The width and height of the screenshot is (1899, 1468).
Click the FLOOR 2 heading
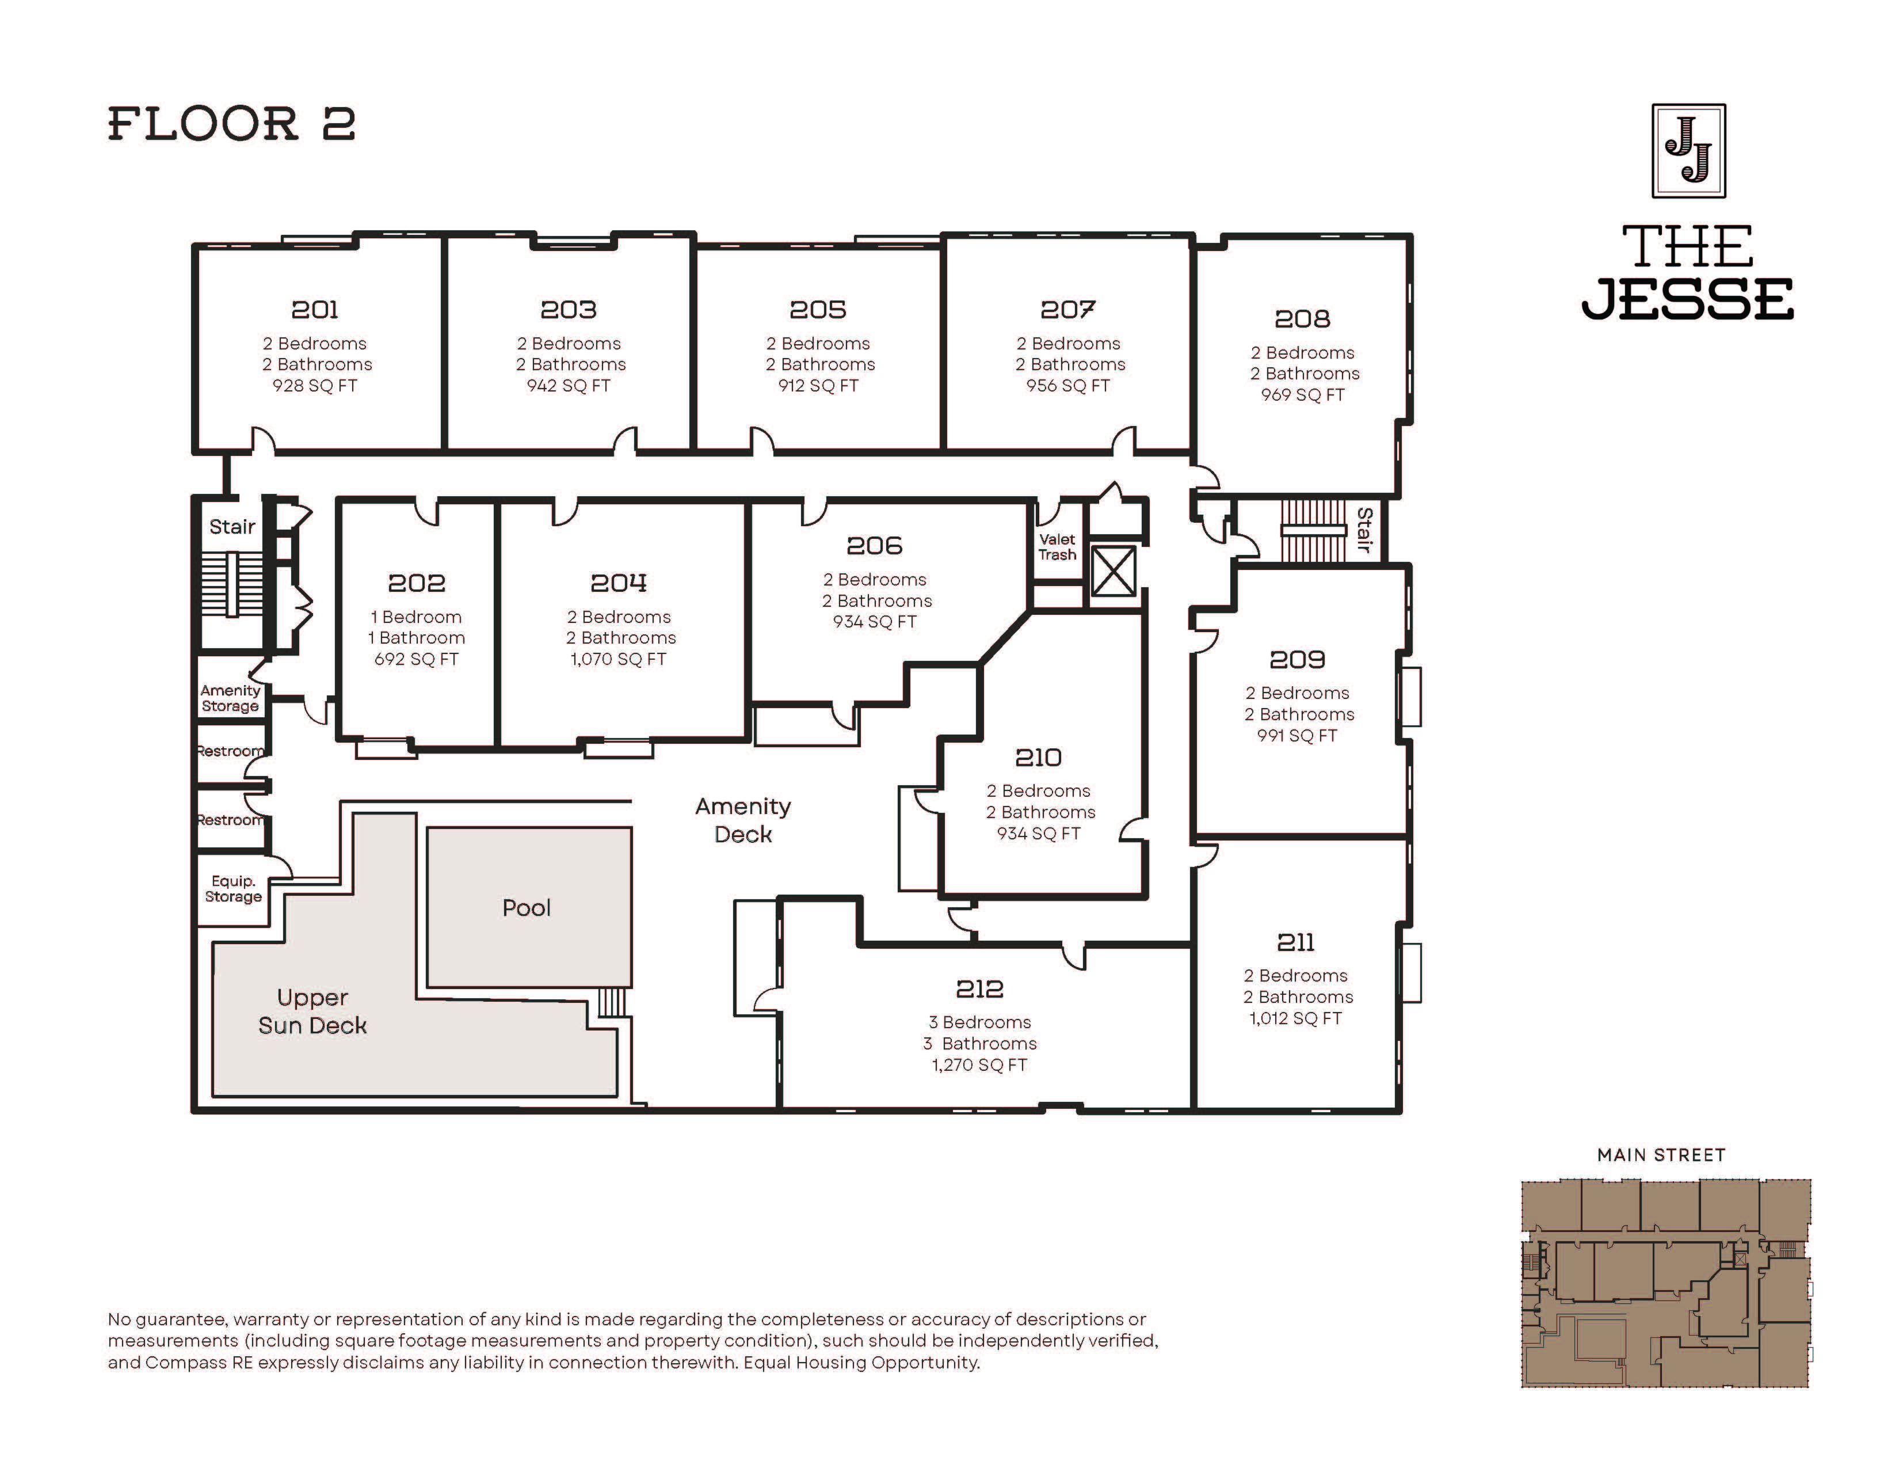point(231,124)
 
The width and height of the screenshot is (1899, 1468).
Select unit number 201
point(315,310)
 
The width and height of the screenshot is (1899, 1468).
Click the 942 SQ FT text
point(569,385)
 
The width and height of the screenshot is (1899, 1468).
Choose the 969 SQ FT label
point(1302,395)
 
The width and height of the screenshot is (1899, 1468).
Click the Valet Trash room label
point(1057,547)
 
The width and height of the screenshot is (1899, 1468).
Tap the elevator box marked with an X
point(1113,572)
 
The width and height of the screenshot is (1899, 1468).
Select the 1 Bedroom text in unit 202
point(417,617)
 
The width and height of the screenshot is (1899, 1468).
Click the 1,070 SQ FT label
point(618,659)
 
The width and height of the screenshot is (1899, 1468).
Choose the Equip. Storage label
point(233,889)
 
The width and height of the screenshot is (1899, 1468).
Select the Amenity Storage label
point(230,698)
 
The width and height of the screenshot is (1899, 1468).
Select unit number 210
point(1038,758)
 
